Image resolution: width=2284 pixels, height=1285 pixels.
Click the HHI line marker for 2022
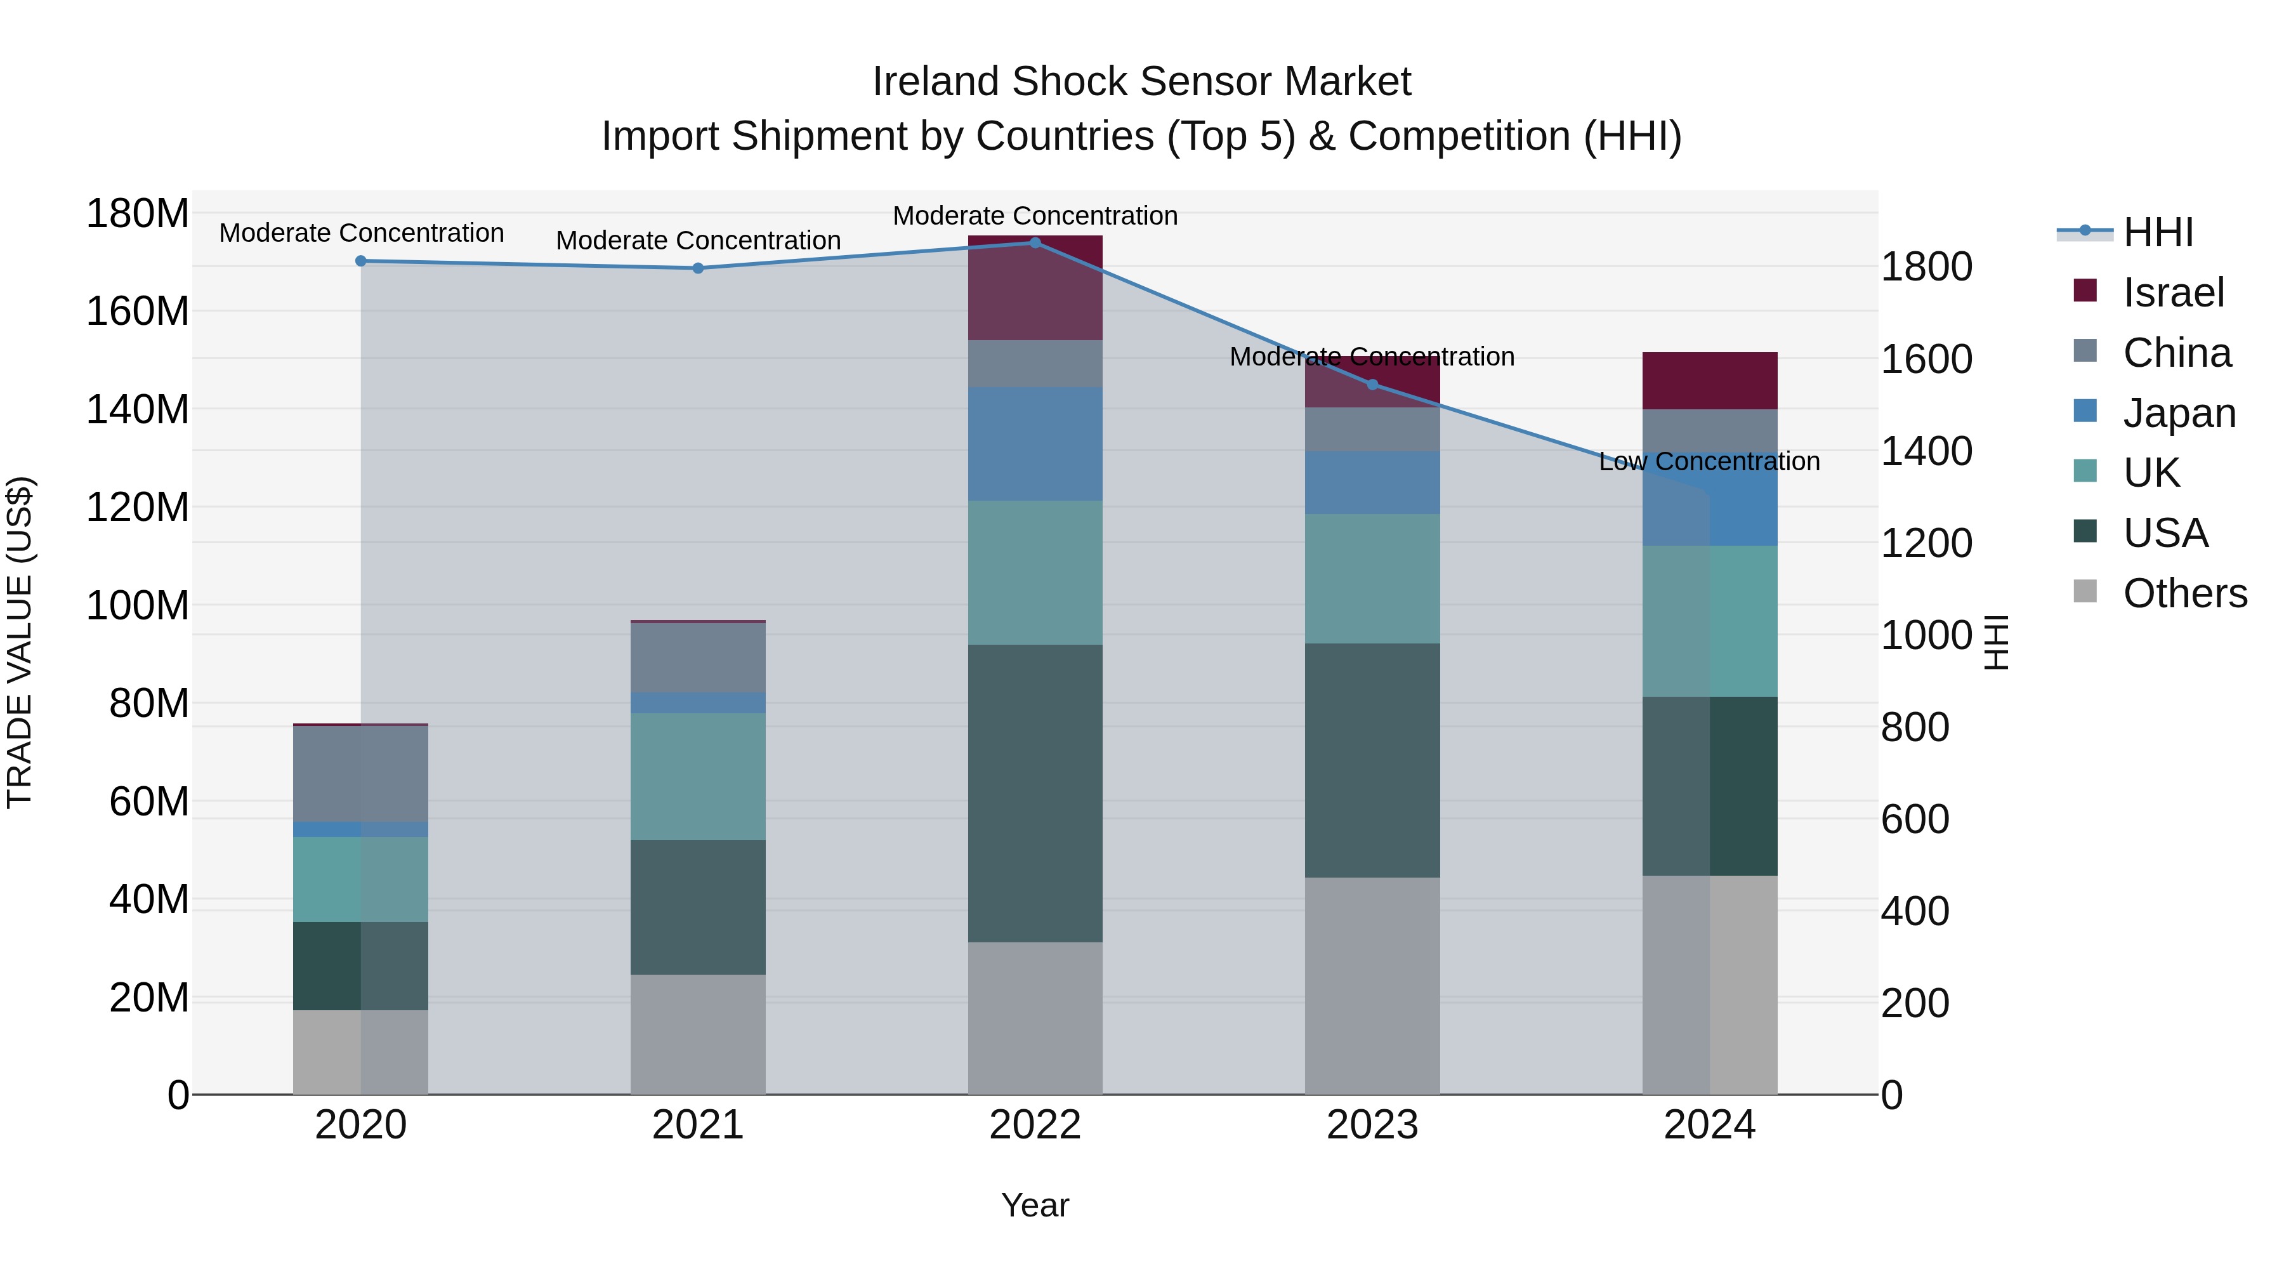coord(1035,242)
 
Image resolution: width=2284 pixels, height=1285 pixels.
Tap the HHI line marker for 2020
coord(361,261)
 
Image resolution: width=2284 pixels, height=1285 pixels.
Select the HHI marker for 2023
coord(1372,384)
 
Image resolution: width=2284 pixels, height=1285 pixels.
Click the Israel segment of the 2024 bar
coord(1709,381)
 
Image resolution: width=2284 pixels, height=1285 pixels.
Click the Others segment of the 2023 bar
coord(1372,985)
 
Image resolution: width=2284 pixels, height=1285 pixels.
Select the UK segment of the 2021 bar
coord(698,776)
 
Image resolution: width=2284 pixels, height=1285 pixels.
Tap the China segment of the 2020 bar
coord(361,774)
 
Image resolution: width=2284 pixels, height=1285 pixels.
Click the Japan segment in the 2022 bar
coord(1035,444)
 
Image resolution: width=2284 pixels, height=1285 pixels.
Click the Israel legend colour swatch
coord(2085,291)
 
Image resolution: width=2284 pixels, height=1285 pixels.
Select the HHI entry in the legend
coord(2157,232)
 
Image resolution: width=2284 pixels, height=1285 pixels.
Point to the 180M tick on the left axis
coord(138,214)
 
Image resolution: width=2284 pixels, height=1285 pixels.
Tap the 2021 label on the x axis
coord(698,1125)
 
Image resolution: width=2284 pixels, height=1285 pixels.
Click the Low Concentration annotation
coord(1709,461)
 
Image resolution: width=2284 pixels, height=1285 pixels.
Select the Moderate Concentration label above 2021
coord(698,241)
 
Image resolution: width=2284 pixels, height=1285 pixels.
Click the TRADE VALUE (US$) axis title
coord(20,642)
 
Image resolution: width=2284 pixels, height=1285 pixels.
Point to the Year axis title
coord(1035,1205)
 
